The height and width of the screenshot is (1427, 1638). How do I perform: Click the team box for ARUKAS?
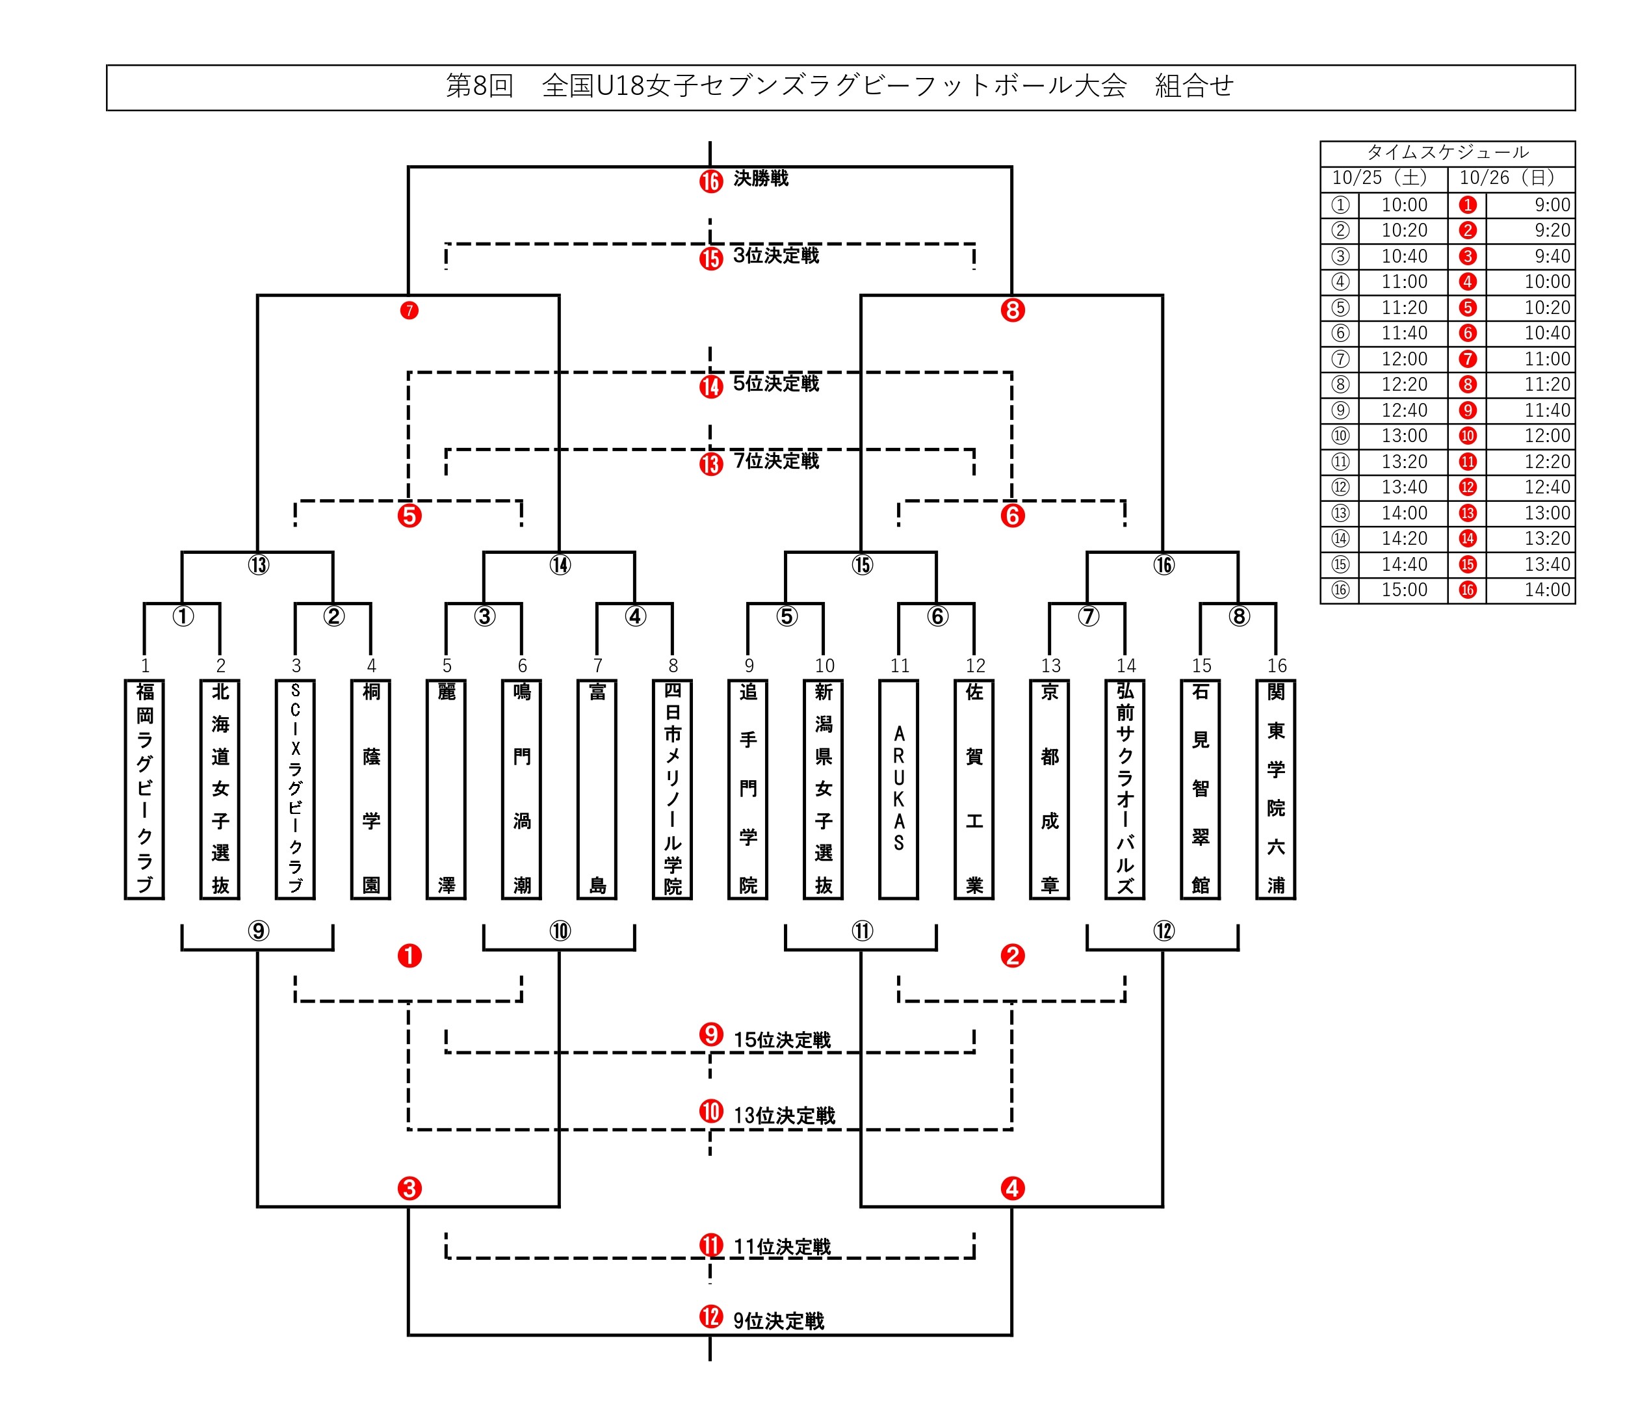[898, 789]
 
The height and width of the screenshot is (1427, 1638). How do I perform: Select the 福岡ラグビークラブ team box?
[144, 789]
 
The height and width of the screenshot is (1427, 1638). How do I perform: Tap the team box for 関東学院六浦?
[1276, 789]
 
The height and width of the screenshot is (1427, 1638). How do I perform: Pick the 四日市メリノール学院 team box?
[672, 789]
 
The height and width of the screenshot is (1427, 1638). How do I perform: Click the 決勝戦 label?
[760, 178]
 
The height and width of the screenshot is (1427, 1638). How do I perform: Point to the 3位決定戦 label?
[775, 255]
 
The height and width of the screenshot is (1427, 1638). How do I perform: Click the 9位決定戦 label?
[778, 1321]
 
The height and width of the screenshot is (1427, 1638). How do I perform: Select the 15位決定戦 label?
[781, 1040]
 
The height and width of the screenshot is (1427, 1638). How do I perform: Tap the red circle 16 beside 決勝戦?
[710, 181]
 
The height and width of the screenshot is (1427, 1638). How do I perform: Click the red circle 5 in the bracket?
[409, 516]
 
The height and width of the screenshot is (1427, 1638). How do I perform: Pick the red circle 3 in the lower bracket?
[409, 1188]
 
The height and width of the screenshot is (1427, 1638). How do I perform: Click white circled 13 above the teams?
[258, 564]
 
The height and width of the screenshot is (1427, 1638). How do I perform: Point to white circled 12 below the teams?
[1163, 931]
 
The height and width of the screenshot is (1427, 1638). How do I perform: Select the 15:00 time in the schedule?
[1404, 590]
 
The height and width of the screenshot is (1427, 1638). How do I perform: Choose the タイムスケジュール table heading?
[1447, 152]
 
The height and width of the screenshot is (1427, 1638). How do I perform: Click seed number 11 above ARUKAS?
[899, 666]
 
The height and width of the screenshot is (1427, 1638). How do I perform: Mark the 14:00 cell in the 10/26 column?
[1546, 590]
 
